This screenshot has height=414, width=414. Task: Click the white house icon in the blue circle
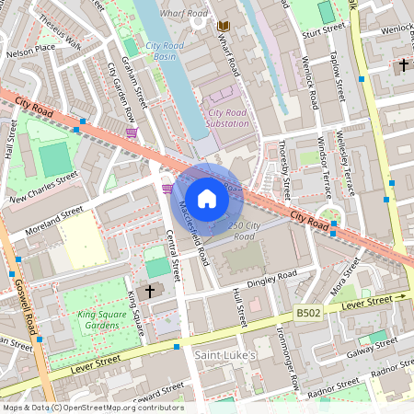207,198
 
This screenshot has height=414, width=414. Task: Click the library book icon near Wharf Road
222,27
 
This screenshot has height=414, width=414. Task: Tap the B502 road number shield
308,313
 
